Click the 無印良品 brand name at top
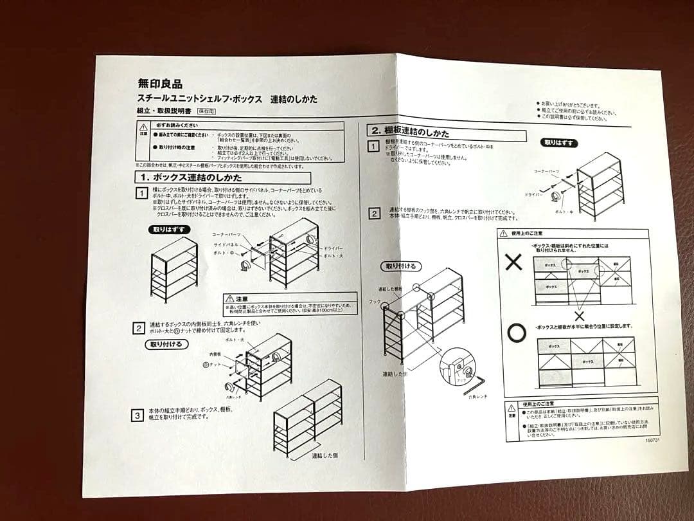pyautogui.click(x=160, y=84)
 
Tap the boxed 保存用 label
pyautogui.click(x=207, y=111)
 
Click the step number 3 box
pyautogui.click(x=138, y=416)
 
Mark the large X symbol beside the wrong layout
pyautogui.click(x=513, y=262)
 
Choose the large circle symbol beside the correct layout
pyautogui.click(x=516, y=333)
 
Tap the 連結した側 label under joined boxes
pyautogui.click(x=325, y=455)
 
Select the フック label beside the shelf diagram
pyautogui.click(x=375, y=300)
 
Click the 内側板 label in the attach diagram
pyautogui.click(x=214, y=354)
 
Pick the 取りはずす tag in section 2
pyautogui.click(x=560, y=143)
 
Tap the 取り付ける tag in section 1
pyautogui.click(x=166, y=344)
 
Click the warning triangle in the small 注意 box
pyautogui.click(x=229, y=298)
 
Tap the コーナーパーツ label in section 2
pyautogui.click(x=546, y=172)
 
